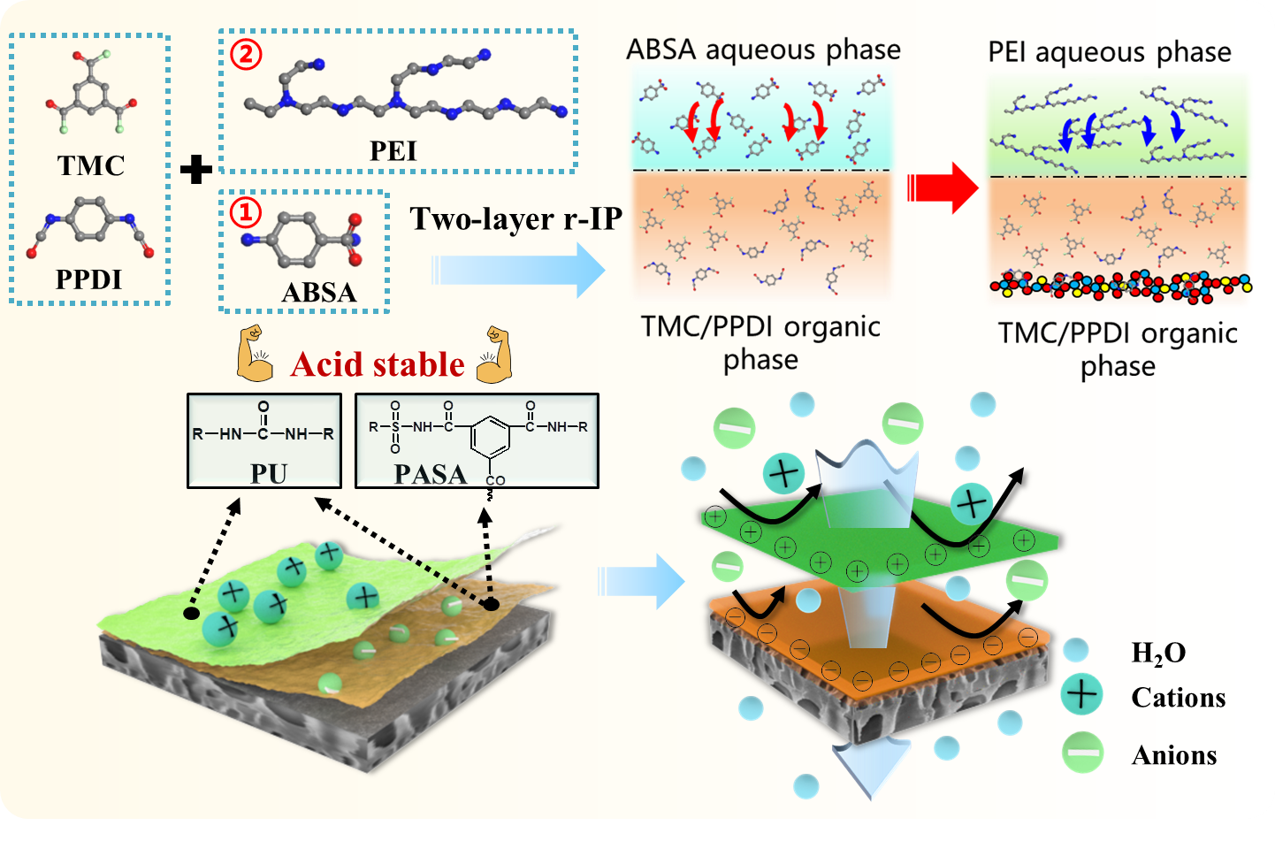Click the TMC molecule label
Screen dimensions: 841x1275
coord(91,165)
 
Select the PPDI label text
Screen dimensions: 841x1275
coord(88,279)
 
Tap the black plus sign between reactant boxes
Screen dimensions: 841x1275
coord(195,169)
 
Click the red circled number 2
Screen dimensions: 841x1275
coord(246,54)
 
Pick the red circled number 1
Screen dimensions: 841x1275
coord(246,212)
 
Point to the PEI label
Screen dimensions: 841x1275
coord(393,151)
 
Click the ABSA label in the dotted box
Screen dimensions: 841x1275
coord(318,292)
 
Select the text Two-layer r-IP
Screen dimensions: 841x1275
coord(516,218)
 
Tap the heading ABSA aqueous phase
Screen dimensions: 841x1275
coord(763,50)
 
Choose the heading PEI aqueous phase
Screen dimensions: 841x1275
coord(1109,52)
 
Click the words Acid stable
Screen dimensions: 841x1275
coord(378,364)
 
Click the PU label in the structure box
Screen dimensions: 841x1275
coord(269,474)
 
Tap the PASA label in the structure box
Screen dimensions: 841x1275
coord(431,475)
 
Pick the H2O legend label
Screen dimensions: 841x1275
coord(1158,653)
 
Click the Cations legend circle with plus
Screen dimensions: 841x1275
coord(1081,694)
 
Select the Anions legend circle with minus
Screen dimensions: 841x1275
coord(1083,753)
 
